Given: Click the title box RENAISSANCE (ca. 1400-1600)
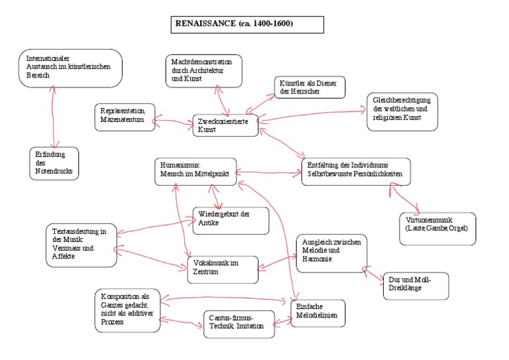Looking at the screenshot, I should point(247,25).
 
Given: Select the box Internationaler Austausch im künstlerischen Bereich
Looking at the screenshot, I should point(70,68).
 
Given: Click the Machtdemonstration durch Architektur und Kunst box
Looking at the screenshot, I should point(203,71).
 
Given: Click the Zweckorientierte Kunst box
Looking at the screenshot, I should point(225,125).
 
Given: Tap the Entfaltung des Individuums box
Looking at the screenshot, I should point(355,172).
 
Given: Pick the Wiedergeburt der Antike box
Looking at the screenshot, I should point(231,221).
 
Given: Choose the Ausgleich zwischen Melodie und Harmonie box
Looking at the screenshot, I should point(329,253).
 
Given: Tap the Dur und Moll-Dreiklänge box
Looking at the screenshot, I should point(416,286).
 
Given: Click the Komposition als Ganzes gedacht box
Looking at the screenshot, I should point(127,309).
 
